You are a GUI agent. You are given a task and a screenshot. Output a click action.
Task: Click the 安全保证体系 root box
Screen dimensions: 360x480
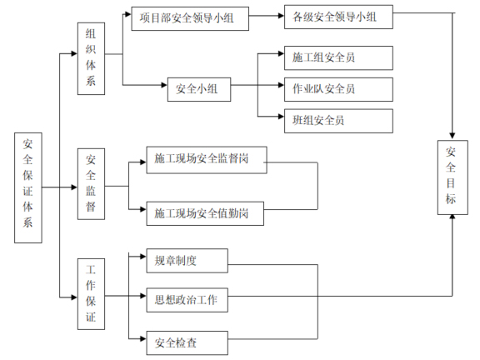(x=28, y=187)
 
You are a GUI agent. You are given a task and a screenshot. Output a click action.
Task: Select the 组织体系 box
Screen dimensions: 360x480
(x=91, y=56)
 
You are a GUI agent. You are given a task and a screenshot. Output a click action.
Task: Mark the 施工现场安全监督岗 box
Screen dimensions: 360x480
(x=206, y=160)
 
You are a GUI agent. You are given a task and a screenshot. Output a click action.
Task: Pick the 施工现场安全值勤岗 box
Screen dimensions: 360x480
(x=206, y=213)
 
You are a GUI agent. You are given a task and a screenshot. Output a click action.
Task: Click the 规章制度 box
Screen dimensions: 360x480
(x=185, y=260)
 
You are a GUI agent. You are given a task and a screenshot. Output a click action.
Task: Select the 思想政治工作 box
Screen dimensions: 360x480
(x=185, y=300)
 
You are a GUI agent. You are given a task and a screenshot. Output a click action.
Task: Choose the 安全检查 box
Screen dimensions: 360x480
(x=185, y=341)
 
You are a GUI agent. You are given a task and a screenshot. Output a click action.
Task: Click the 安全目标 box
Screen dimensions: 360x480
(x=452, y=177)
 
